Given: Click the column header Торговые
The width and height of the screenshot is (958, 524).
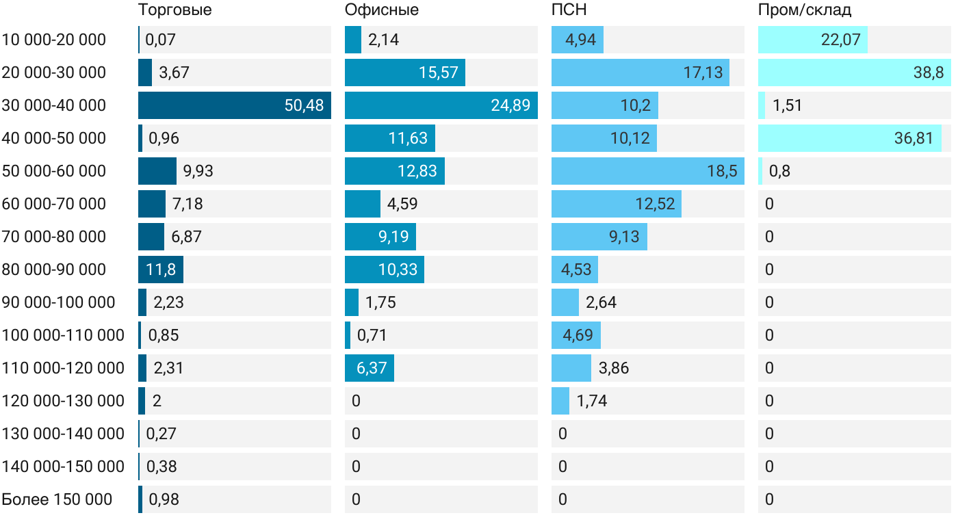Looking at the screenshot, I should tap(174, 10).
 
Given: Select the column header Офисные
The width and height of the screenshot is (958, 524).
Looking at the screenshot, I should tap(381, 10).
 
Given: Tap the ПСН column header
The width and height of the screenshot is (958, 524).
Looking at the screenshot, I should tap(569, 10).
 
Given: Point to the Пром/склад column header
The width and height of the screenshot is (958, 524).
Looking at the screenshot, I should tap(805, 10).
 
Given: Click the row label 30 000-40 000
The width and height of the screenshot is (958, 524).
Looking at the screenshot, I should tap(54, 105).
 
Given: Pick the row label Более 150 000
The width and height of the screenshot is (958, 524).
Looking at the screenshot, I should tap(57, 499).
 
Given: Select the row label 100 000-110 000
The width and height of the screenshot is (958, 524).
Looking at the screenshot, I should tap(63, 335).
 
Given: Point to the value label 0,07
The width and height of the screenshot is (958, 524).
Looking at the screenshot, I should tap(161, 40).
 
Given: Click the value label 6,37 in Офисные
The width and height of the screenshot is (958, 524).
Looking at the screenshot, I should tap(372, 368).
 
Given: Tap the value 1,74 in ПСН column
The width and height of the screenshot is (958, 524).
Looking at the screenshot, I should tap(592, 401).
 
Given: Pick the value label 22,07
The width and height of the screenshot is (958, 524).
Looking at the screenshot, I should tap(840, 40).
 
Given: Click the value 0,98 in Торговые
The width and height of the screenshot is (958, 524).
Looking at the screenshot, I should tap(164, 499).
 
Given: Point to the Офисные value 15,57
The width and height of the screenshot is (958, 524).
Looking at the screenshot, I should tap(438, 73).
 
